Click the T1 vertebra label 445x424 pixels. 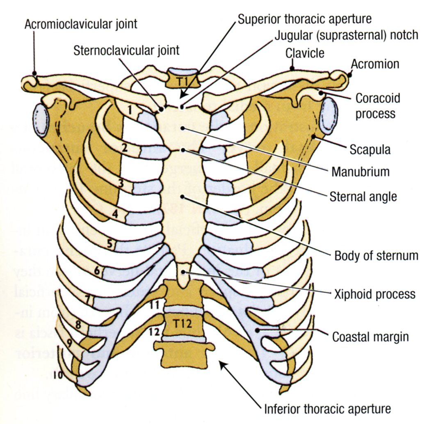[183, 80]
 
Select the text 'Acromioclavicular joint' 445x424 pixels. [81, 24]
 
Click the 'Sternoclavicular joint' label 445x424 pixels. [127, 50]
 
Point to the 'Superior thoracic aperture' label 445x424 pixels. [305, 18]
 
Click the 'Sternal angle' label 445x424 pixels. [363, 197]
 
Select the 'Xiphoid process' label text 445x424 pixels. [374, 294]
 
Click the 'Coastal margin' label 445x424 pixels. [370, 337]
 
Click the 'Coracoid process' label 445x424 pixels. [377, 105]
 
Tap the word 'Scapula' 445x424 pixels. [370, 149]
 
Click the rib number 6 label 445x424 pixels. [97, 271]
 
